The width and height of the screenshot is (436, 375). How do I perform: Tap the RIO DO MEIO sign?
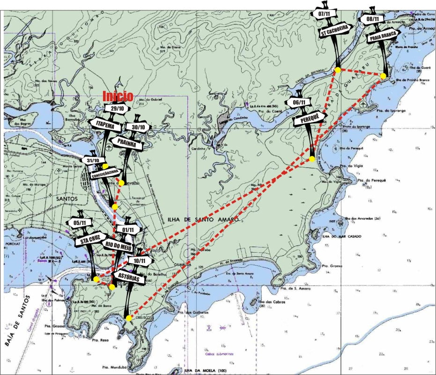coord(118,247)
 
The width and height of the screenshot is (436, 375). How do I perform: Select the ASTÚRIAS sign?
coord(129,277)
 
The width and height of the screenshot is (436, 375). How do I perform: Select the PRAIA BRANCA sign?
coord(383,37)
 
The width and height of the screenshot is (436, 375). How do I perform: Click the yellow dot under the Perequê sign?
coord(312,160)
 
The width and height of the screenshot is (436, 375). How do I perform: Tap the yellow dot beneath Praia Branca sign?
coord(383,76)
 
